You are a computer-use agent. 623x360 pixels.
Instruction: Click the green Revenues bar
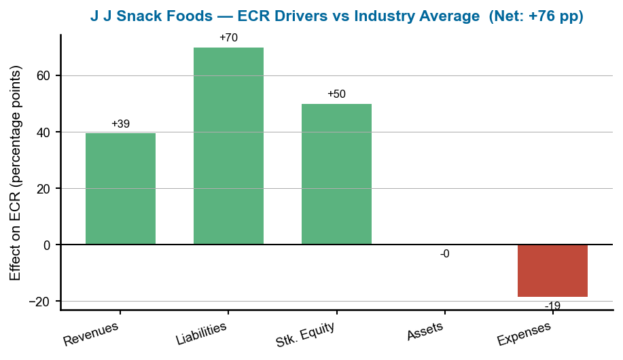click(120, 189)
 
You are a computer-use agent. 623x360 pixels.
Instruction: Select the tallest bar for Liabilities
click(228, 146)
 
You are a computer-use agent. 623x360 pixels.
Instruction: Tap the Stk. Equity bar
click(336, 174)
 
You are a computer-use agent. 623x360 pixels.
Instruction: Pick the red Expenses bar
click(552, 270)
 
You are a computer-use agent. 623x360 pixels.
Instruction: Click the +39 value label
click(120, 124)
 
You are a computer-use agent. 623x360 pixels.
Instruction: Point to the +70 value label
click(228, 38)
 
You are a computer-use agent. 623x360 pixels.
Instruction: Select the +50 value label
click(336, 94)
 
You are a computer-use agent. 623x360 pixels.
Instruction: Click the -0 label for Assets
click(444, 254)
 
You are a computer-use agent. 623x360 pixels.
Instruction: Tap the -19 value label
click(552, 306)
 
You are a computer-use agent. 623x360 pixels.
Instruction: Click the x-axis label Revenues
click(91, 334)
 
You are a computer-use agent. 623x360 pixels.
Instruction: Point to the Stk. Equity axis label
click(305, 335)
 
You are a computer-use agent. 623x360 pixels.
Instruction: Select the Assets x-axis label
click(425, 331)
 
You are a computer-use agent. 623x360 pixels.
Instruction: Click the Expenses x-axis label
click(524, 334)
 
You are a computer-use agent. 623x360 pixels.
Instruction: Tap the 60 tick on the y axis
click(44, 75)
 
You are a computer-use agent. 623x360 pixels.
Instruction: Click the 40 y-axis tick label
click(44, 132)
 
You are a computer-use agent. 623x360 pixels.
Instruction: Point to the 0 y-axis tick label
click(48, 245)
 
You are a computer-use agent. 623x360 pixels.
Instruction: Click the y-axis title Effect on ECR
click(16, 173)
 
